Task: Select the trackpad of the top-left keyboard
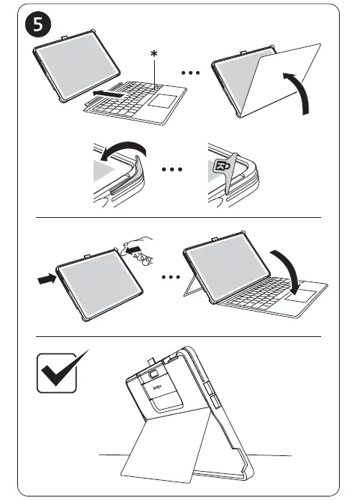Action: point(159,103)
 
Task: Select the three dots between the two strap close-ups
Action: point(173,169)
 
